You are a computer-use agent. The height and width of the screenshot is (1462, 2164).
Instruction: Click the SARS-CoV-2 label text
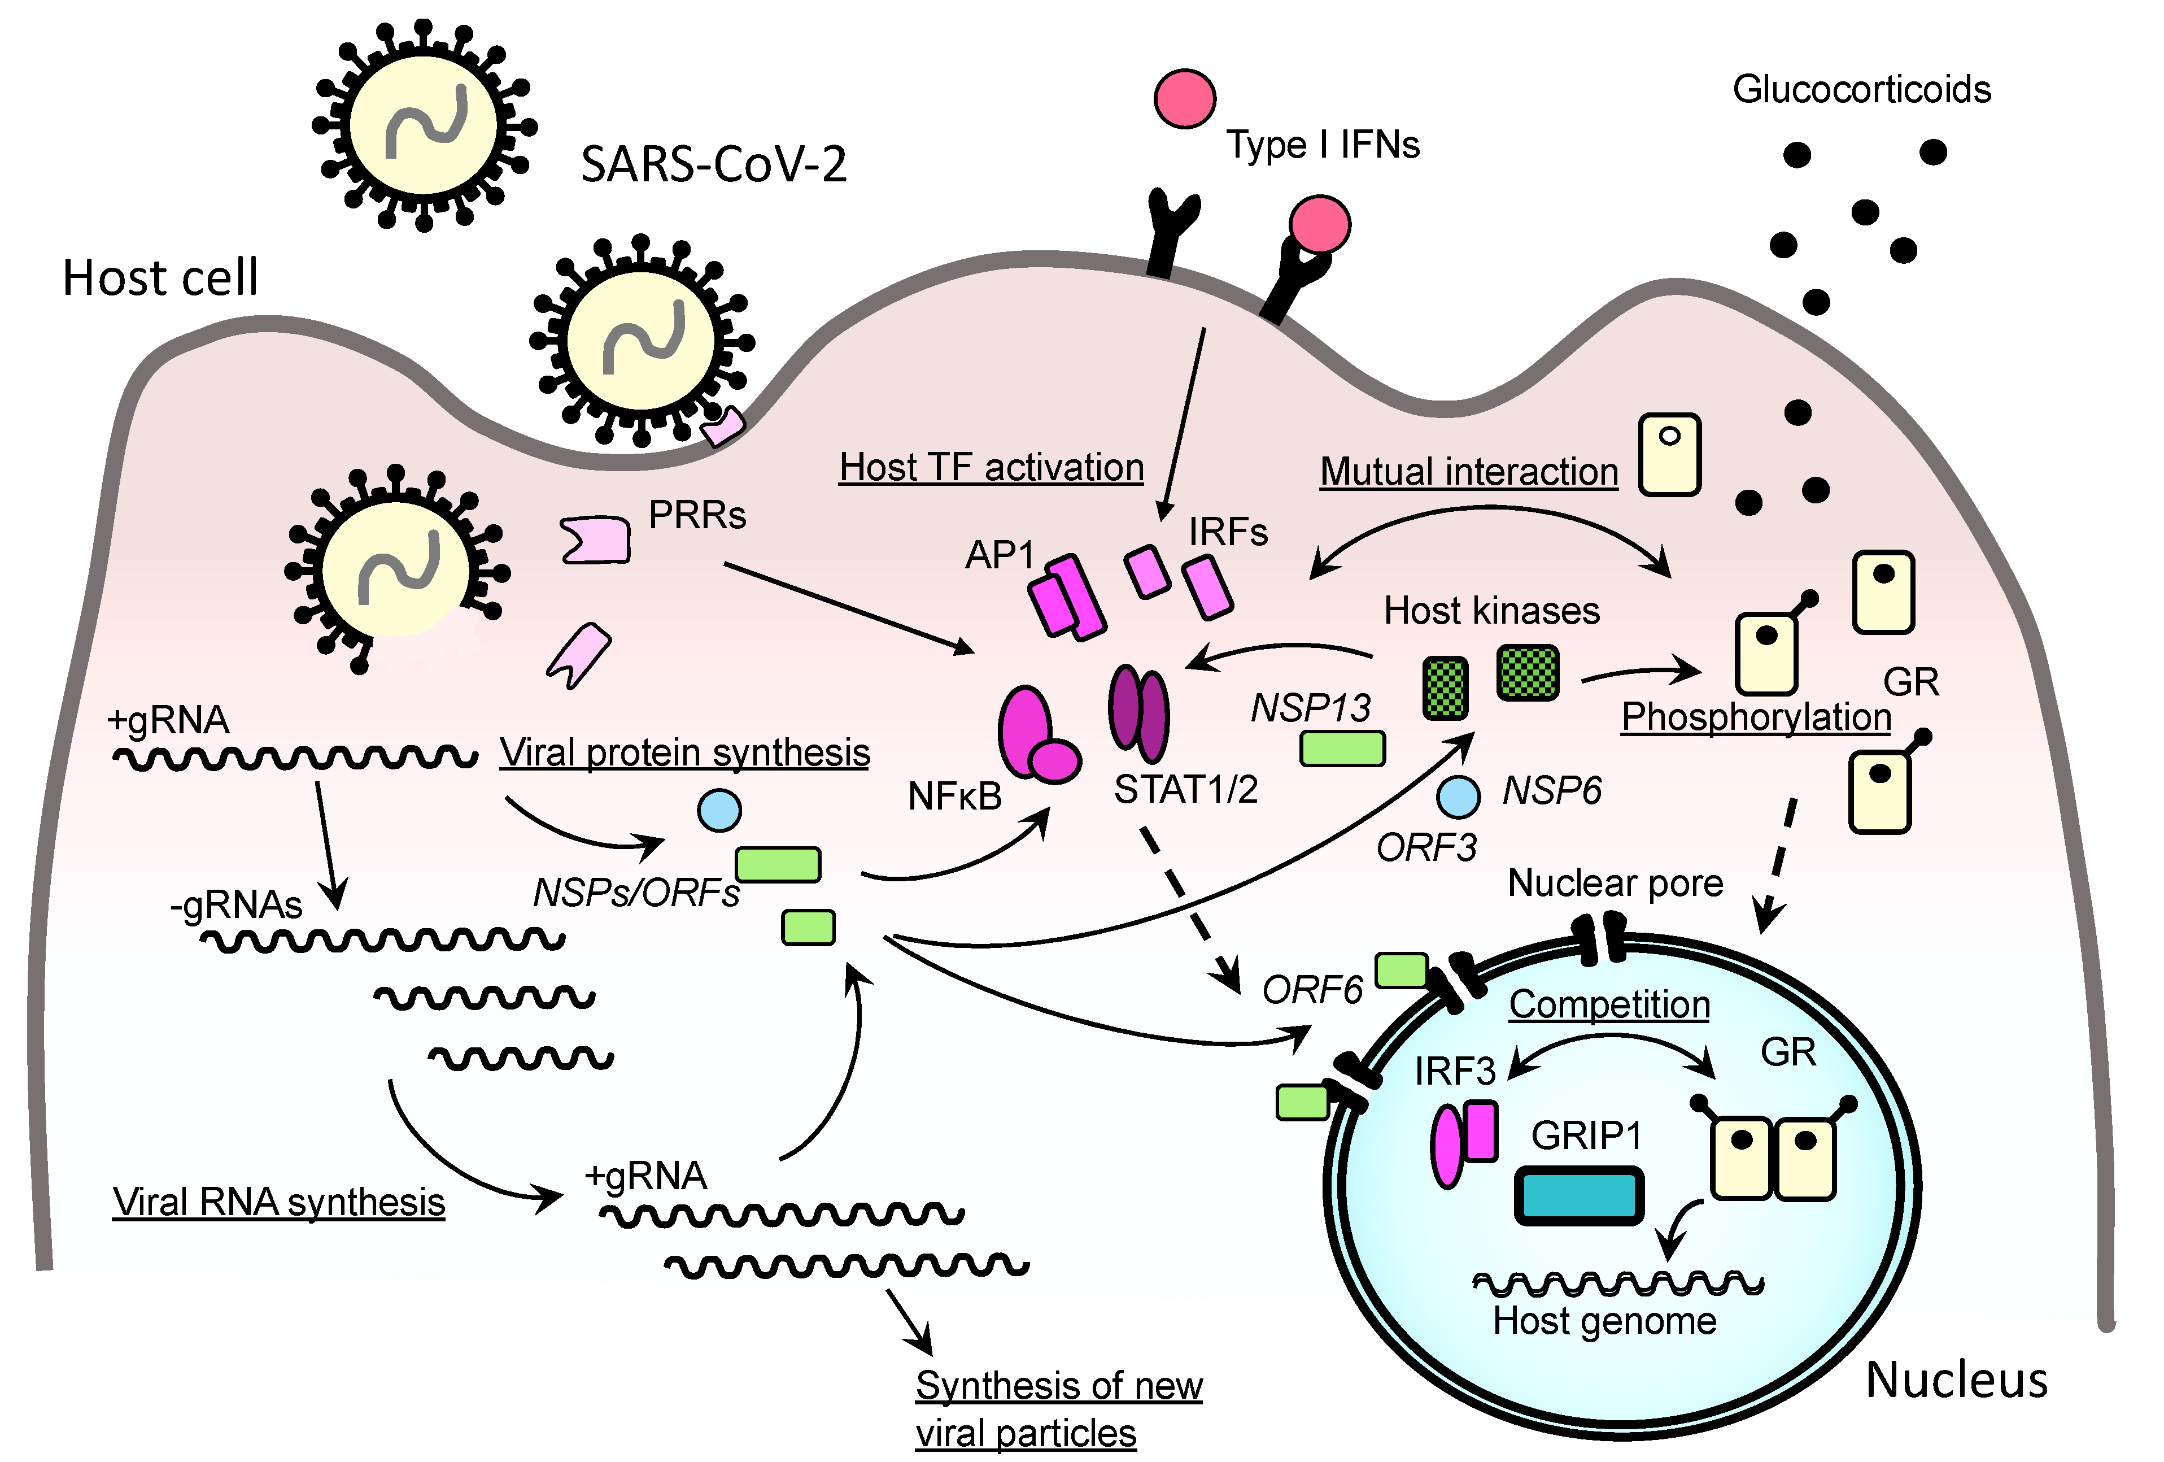click(713, 166)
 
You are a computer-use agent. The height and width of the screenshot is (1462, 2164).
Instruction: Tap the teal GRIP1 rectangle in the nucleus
click(1578, 1195)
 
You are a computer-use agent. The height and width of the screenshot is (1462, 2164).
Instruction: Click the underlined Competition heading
click(1609, 1005)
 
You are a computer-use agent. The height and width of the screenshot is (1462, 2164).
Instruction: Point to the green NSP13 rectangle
click(1342, 749)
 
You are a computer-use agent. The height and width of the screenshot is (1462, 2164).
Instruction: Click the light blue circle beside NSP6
click(1458, 796)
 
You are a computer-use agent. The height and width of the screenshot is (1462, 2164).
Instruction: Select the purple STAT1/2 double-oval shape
click(1138, 711)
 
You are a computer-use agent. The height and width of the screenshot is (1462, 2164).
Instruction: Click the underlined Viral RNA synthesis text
click(278, 1202)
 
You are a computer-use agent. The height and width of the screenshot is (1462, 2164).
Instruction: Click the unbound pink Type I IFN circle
click(1184, 98)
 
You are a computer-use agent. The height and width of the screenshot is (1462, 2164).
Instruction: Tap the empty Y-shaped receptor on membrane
click(1171, 228)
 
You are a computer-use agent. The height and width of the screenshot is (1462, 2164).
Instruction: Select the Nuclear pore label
click(1615, 883)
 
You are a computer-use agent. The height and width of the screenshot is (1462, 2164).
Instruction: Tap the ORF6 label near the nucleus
click(1312, 990)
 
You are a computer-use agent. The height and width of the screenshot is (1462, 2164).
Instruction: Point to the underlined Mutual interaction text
click(1469, 472)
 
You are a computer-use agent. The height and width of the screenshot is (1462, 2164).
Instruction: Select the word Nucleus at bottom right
click(1956, 1380)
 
